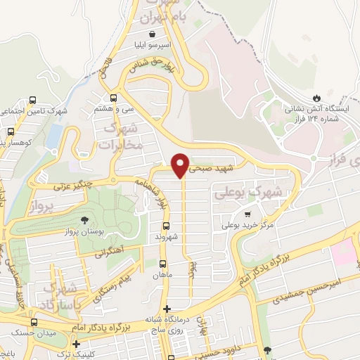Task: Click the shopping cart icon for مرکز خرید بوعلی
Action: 247,214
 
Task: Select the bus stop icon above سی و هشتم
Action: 113,98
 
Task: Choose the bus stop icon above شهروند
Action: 167,226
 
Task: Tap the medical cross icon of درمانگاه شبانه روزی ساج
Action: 167,309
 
